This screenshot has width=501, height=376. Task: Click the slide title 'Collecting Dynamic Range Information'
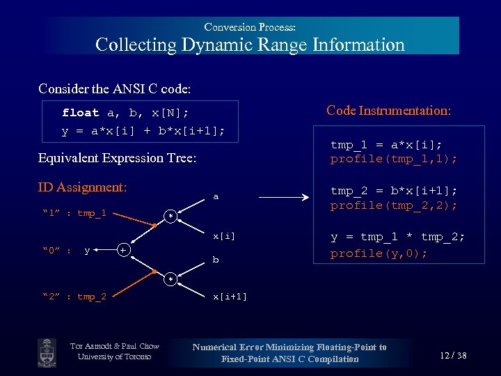pyautogui.click(x=250, y=45)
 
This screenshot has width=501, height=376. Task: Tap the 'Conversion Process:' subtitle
pyautogui.click(x=250, y=27)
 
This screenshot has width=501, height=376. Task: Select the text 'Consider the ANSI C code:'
pyautogui.click(x=115, y=89)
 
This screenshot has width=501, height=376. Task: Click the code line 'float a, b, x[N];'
pyautogui.click(x=125, y=112)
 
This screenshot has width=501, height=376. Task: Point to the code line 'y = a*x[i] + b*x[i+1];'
pyautogui.click(x=143, y=131)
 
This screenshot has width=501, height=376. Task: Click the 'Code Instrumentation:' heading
pyautogui.click(x=388, y=111)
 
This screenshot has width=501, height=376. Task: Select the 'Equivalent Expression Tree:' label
pyautogui.click(x=117, y=158)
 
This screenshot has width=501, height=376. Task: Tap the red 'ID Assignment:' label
pyautogui.click(x=82, y=187)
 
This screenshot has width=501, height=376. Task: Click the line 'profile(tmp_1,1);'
pyautogui.click(x=394, y=159)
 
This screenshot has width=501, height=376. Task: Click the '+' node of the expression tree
pyautogui.click(x=122, y=249)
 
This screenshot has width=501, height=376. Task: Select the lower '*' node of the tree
pyautogui.click(x=168, y=280)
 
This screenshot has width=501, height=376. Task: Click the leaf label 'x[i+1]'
pyautogui.click(x=230, y=297)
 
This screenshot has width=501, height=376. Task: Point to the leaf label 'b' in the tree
pyautogui.click(x=216, y=260)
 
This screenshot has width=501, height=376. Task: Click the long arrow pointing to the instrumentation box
pyautogui.click(x=283, y=198)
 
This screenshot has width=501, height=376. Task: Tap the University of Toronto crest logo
pyautogui.click(x=47, y=351)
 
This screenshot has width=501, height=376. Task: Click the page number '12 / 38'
pyautogui.click(x=453, y=356)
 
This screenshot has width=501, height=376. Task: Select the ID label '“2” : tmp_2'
pyautogui.click(x=74, y=297)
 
